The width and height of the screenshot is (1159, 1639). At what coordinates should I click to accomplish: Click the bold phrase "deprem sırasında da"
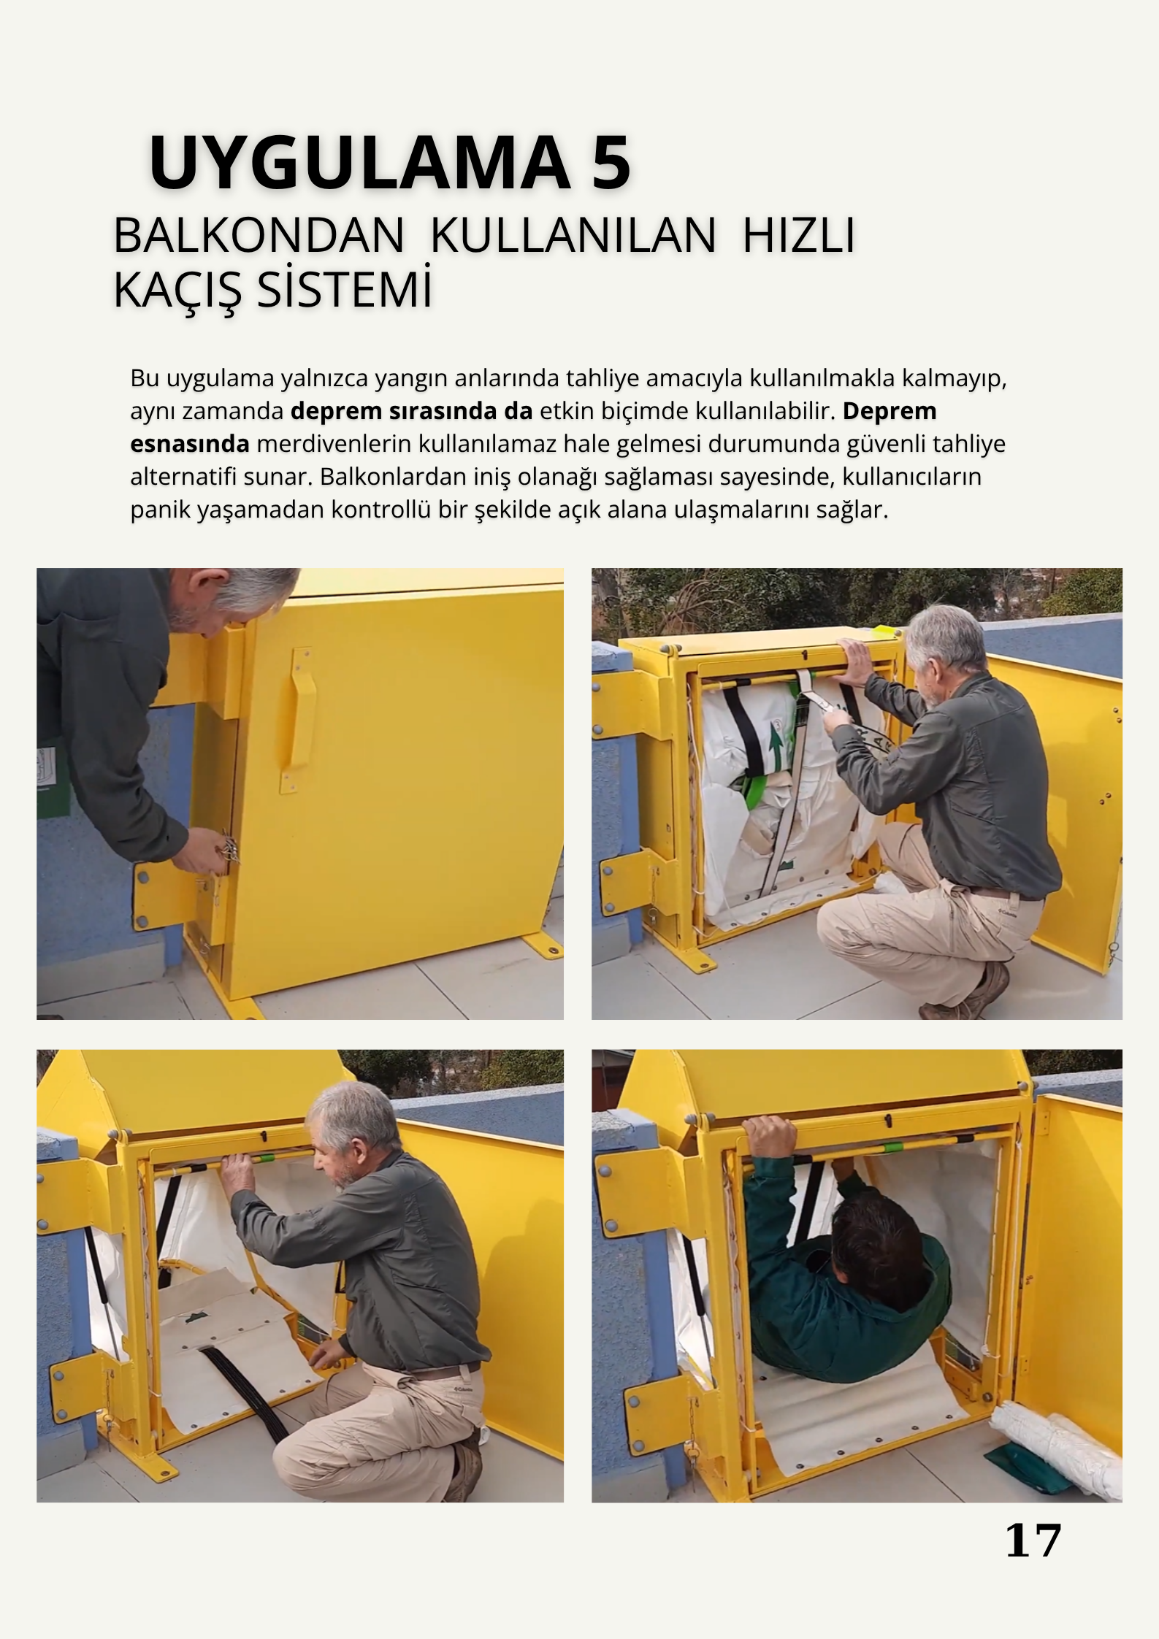(412, 411)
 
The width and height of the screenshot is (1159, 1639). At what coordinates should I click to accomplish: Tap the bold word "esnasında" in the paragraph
(190, 443)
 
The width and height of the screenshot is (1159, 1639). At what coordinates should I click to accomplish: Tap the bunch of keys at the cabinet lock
(229, 849)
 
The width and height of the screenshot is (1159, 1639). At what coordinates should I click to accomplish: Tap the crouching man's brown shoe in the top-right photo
(968, 996)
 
